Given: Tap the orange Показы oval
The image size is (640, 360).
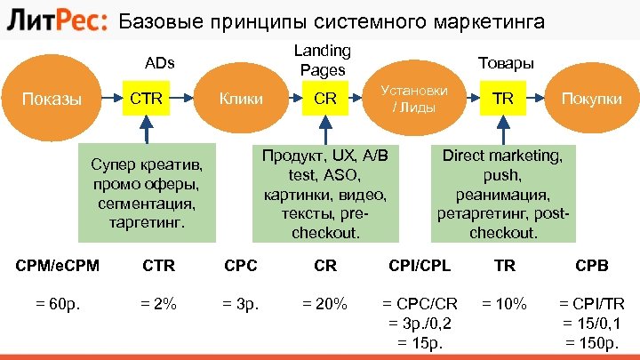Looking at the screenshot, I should pos(59,99).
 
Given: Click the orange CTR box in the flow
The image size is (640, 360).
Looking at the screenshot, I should pos(146,99).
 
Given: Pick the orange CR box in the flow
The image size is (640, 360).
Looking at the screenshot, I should pos(325,99).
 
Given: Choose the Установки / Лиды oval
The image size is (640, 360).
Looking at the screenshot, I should pos(413,99).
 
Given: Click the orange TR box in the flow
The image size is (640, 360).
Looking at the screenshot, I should pos(503,99).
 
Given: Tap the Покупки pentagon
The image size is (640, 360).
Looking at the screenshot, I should pos(588,99).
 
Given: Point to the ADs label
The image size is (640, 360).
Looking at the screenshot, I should pos(160,63).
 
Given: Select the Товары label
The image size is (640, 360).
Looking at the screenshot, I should pos(506,63).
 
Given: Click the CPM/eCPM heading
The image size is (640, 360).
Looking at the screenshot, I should pos(59,264).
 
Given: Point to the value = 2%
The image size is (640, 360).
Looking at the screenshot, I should pos(158,303).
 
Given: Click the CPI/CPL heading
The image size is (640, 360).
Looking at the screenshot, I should pos(420,264).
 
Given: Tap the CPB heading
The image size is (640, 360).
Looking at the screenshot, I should pos(591,264).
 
